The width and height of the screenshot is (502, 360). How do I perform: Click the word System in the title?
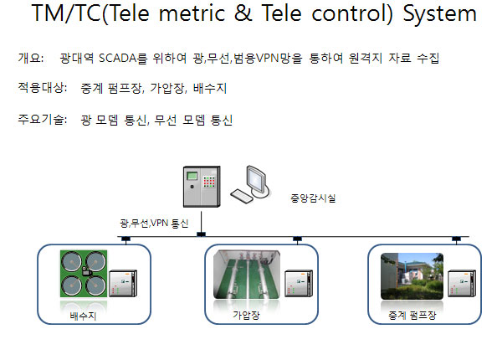(x=439, y=14)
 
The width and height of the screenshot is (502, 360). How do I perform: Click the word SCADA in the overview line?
(x=118, y=59)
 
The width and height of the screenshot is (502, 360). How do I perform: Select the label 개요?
(x=31, y=59)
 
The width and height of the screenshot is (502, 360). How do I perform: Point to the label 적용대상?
(x=43, y=87)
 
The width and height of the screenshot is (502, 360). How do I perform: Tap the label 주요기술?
(x=43, y=120)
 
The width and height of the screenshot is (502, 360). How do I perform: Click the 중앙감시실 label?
(x=313, y=198)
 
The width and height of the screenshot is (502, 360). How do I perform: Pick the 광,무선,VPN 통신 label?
(x=154, y=223)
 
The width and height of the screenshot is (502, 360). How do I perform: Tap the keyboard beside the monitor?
(x=242, y=196)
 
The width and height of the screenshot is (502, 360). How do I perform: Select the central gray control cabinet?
(x=202, y=187)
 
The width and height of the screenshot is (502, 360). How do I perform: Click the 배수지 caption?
(x=83, y=316)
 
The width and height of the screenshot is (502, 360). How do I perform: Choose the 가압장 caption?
(x=246, y=315)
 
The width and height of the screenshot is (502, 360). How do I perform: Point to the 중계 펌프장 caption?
(x=412, y=316)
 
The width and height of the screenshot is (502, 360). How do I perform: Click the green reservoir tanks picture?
(x=84, y=274)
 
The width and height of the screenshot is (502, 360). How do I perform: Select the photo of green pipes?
(x=247, y=275)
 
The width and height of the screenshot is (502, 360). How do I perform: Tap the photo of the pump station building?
(x=412, y=276)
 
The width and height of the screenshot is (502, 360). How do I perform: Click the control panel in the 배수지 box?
(x=123, y=284)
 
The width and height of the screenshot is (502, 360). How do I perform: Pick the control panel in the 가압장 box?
(x=299, y=284)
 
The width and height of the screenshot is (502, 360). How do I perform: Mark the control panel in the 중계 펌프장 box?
(x=462, y=284)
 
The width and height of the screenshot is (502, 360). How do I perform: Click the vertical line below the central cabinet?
(x=201, y=222)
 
